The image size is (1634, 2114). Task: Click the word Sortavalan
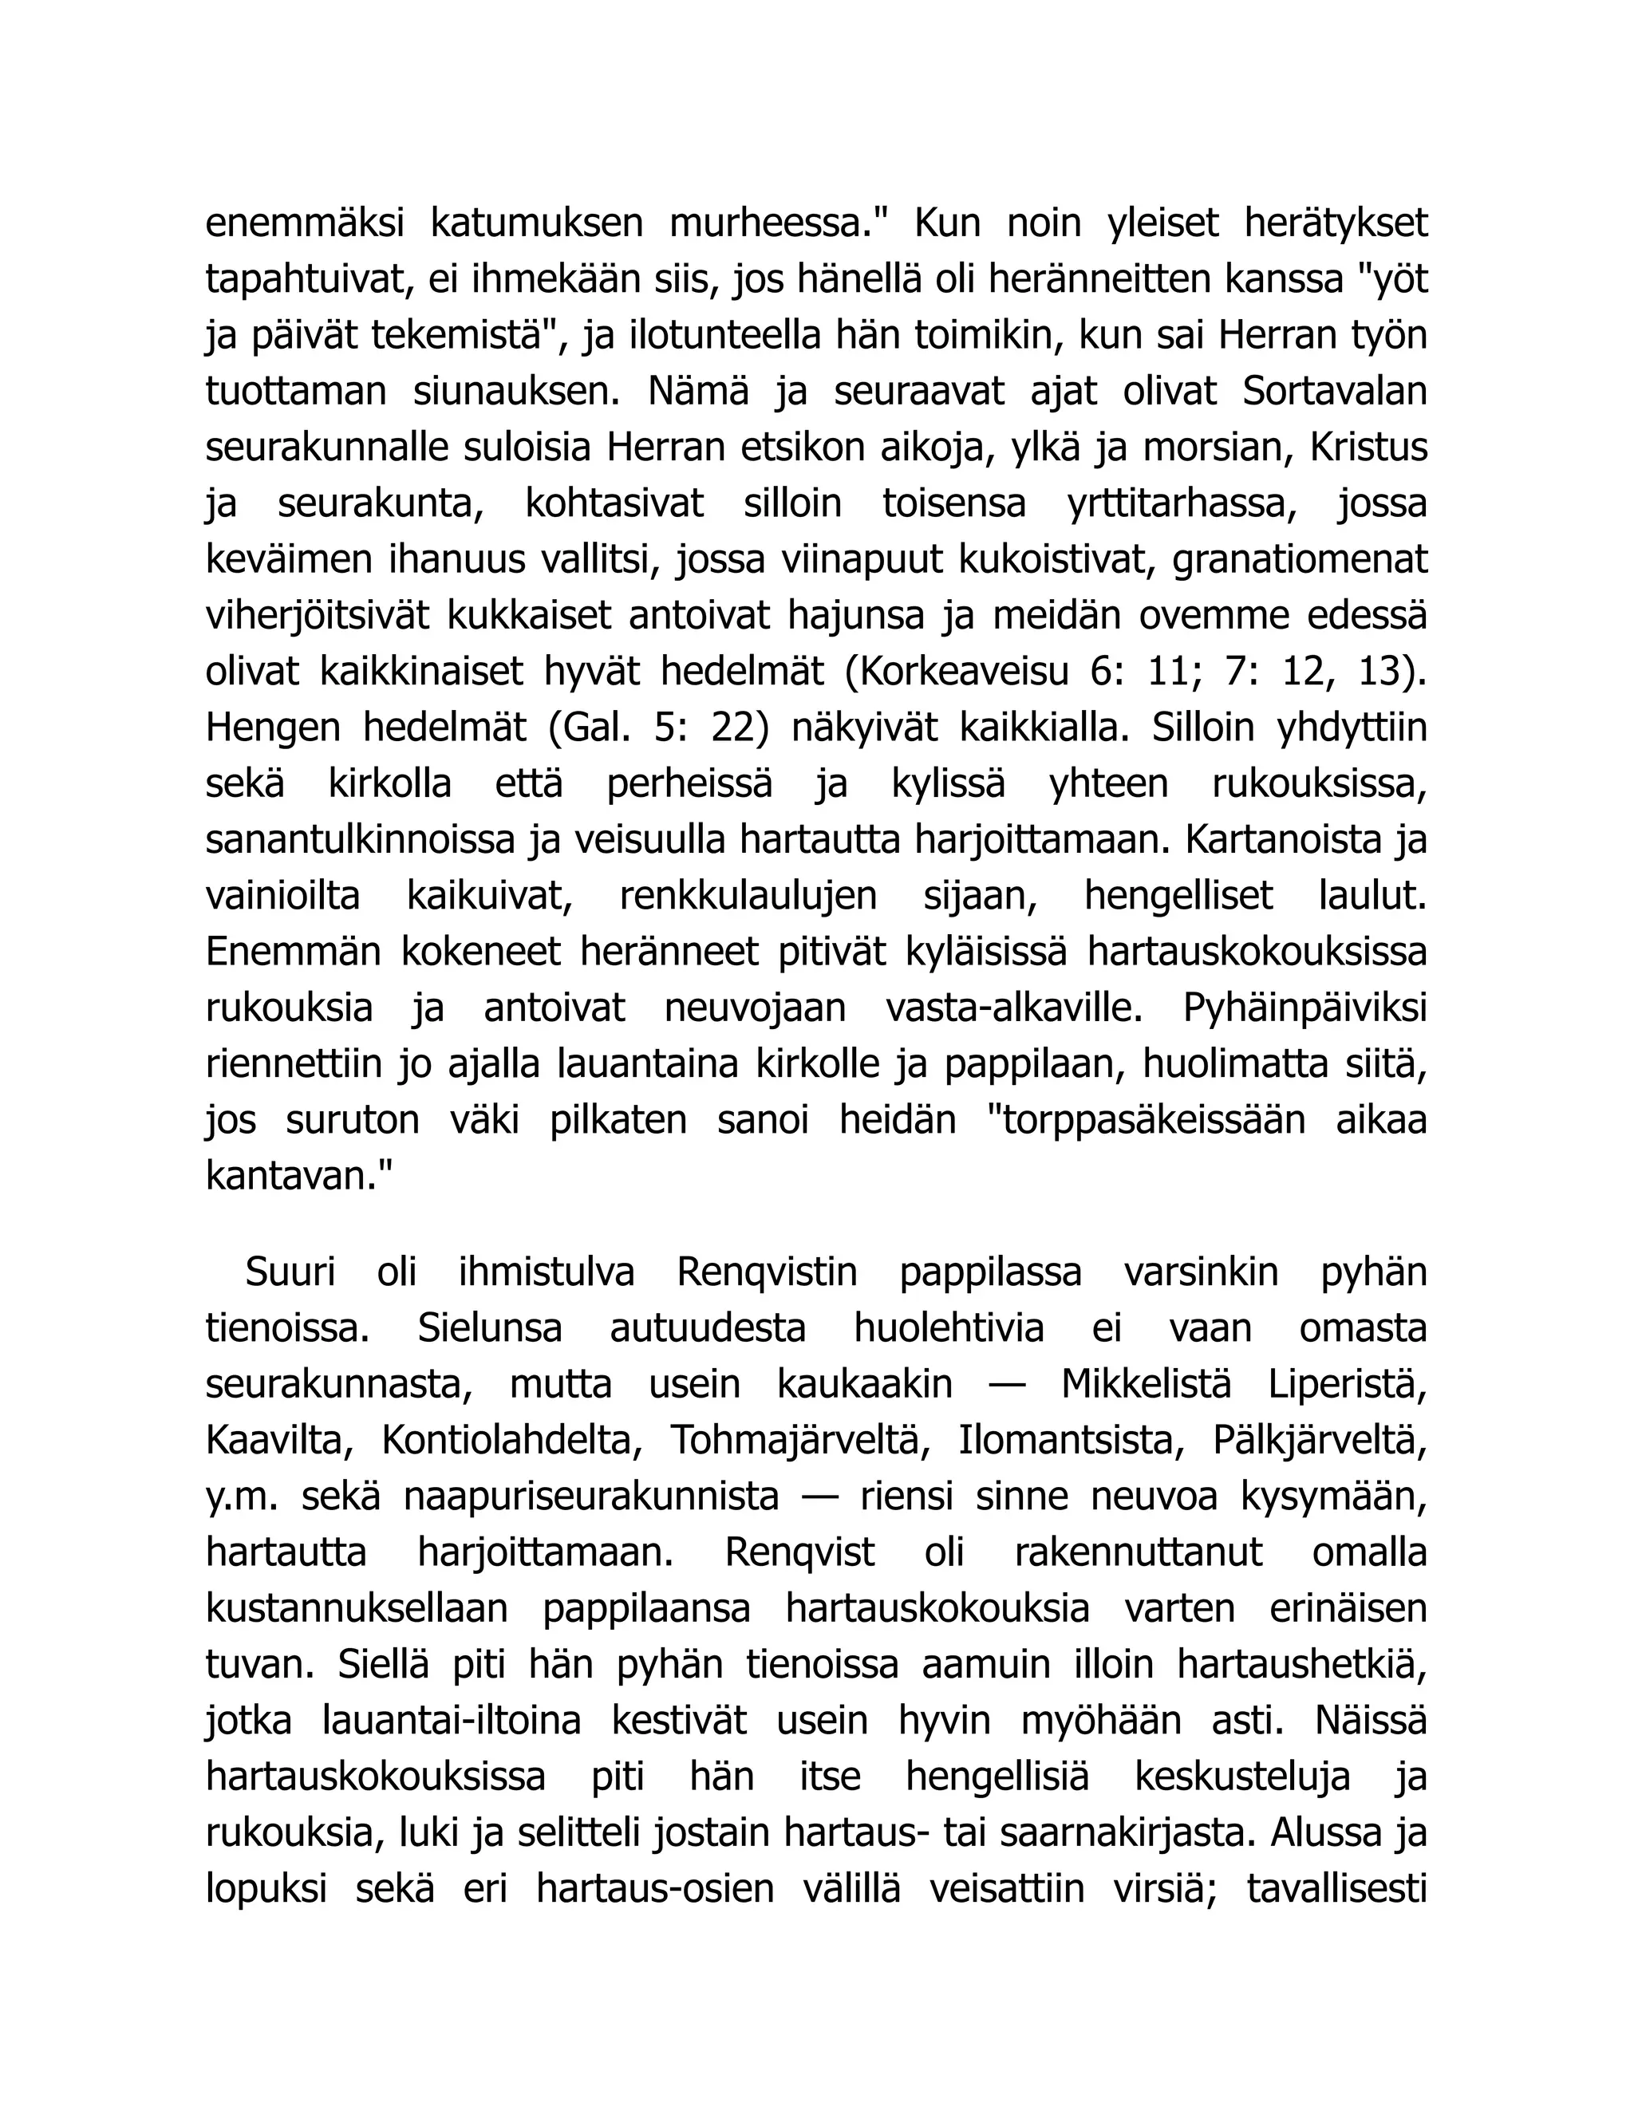tap(1334, 392)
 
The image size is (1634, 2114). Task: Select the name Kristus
tap(1369, 448)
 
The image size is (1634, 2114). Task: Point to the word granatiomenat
tap(1300, 559)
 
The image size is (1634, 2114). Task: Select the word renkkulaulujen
tap(748, 895)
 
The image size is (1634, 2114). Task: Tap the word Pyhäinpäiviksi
tap(1304, 1008)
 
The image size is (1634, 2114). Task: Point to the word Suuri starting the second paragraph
tap(290, 1272)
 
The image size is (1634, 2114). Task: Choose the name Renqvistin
tap(767, 1272)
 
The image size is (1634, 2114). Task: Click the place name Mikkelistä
tap(1147, 1384)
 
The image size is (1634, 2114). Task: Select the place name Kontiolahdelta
tap(507, 1440)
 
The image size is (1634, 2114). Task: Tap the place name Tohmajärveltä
tap(794, 1440)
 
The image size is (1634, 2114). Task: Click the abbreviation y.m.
tap(242, 1497)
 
